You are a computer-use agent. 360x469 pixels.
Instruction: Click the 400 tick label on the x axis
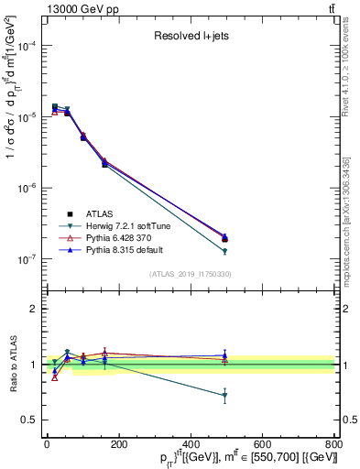click(190, 444)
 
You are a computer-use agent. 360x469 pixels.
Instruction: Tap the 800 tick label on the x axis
click(333, 444)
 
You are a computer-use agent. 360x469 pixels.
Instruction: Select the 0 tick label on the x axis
click(47, 444)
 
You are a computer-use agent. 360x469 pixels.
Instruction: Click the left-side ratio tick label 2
click(33, 309)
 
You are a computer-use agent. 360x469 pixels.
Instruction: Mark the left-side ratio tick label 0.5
click(29, 420)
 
